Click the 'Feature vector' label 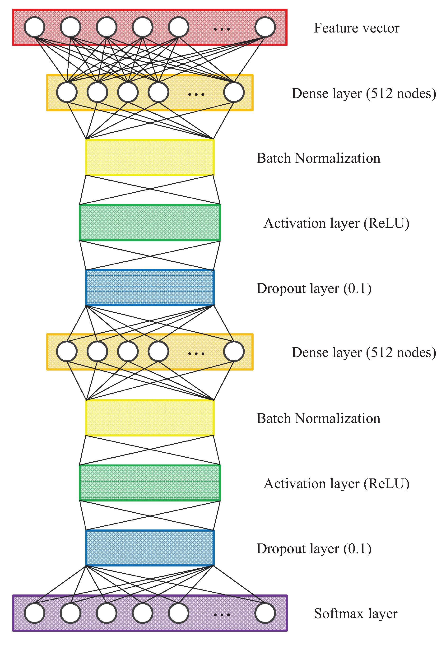(356, 28)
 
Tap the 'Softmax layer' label (355, 613)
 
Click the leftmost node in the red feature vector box (34, 27)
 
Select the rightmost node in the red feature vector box (265, 27)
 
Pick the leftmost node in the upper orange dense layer (67, 92)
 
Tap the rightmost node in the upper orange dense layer (234, 92)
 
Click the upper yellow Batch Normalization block (150, 158)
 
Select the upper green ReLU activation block (150, 223)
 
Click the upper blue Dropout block (150, 288)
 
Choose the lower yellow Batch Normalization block (150, 418)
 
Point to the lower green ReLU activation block (150, 483)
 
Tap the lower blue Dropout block (150, 548)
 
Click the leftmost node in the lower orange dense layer (67, 352)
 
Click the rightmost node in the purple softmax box (265, 613)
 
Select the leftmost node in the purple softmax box (34, 613)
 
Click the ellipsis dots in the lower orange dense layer (196, 354)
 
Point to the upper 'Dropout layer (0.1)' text (314, 288)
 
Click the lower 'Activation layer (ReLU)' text (336, 484)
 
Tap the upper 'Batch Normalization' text (318, 158)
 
